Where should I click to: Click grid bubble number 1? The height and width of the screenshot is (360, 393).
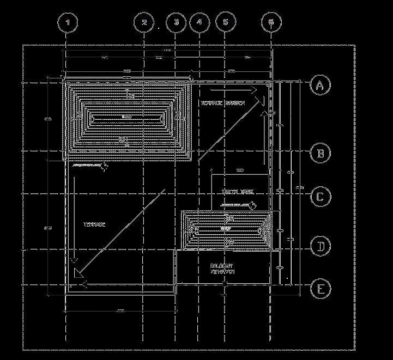[x=68, y=23]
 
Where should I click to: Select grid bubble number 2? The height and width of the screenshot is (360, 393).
[x=144, y=23]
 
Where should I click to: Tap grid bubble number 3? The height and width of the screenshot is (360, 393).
[x=176, y=23]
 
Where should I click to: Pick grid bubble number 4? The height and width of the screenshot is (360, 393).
[x=199, y=23]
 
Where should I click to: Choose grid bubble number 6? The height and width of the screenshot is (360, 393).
[x=271, y=23]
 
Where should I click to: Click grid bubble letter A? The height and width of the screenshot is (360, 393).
[x=321, y=85]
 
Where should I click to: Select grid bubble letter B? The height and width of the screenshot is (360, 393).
[x=321, y=153]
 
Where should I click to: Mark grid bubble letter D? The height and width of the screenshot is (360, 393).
[x=321, y=247]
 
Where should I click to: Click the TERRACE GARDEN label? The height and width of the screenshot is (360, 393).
[x=222, y=103]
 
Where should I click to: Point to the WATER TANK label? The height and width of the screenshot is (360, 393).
[x=237, y=192]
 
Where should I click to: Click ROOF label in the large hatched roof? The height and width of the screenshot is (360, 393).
[x=127, y=117]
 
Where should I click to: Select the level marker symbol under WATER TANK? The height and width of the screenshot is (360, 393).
[x=253, y=205]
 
